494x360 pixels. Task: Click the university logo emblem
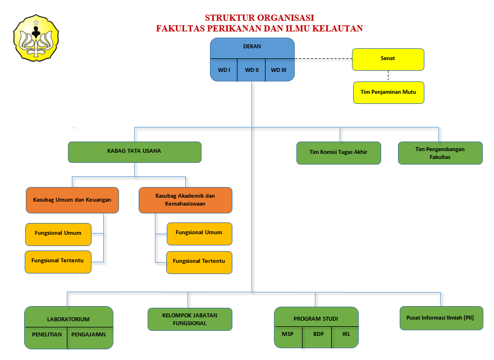(36, 38)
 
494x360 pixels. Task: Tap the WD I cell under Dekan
(224, 70)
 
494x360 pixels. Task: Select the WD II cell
(251, 70)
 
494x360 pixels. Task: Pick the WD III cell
(278, 70)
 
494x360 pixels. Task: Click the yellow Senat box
(388, 59)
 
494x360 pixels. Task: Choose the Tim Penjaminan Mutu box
(388, 92)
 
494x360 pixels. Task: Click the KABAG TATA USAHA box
(134, 152)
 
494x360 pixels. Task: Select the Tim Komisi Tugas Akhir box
(339, 153)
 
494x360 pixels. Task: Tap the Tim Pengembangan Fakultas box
(440, 153)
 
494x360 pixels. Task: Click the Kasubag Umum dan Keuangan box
(72, 200)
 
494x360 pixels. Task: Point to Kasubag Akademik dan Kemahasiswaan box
(185, 200)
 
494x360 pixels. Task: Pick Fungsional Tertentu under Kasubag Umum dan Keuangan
(58, 262)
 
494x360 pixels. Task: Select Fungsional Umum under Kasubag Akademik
(199, 233)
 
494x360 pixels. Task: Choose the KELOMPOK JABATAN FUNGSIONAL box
(190, 319)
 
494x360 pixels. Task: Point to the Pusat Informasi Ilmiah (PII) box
(441, 318)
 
